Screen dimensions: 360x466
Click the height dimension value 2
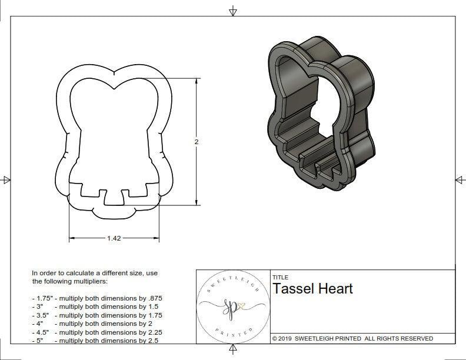(197, 142)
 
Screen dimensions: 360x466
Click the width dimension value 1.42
(114, 238)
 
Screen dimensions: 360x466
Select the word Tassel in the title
(294, 289)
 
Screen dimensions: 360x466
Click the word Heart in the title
(335, 289)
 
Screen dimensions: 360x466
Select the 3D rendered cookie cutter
(321, 115)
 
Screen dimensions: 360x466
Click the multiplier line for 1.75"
(96, 298)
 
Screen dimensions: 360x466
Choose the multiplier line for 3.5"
(96, 315)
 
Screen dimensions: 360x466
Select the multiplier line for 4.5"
(96, 332)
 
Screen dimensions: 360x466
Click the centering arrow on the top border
(233, 11)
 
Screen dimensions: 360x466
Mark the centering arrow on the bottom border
(233, 351)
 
